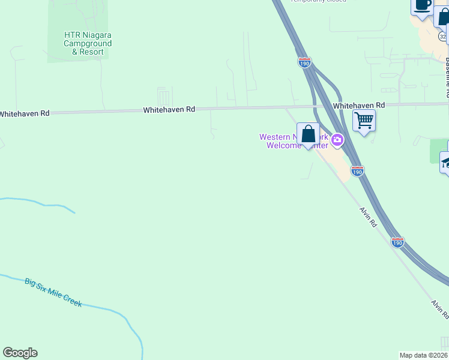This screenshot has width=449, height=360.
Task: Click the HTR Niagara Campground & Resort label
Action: click(x=88, y=43)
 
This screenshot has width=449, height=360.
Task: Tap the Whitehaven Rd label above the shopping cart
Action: click(x=359, y=105)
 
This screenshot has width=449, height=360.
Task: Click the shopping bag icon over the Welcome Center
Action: click(x=308, y=134)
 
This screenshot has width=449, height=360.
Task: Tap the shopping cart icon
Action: click(x=364, y=121)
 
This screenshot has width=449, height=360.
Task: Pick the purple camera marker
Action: click(x=337, y=140)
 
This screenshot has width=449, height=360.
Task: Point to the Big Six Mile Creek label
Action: click(x=53, y=292)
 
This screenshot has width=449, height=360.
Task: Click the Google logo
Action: click(x=20, y=353)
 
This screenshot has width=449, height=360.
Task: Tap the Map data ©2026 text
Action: click(x=424, y=355)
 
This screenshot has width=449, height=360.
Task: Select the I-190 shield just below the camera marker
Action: click(x=357, y=172)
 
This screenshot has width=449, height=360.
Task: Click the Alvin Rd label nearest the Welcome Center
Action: click(x=368, y=217)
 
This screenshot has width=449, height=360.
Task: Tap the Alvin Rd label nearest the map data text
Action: click(x=439, y=309)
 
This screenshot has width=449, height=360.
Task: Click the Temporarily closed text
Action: click(x=318, y=1)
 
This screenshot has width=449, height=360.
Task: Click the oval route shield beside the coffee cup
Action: click(x=442, y=37)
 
